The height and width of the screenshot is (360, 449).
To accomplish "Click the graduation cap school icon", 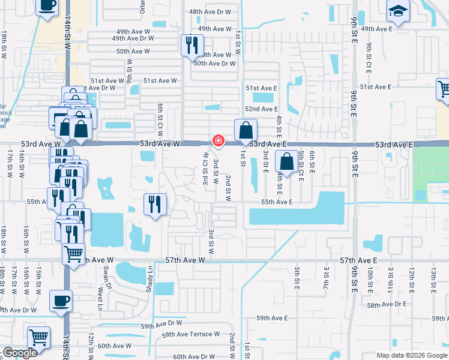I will pyautogui.click(x=397, y=12).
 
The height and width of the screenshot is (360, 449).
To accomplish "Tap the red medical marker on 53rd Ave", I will pyautogui.click(x=218, y=141).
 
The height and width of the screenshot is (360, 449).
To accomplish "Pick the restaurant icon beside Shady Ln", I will pyautogui.click(x=155, y=205).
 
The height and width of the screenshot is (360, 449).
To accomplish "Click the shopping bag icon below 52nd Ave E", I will pyautogui.click(x=246, y=130).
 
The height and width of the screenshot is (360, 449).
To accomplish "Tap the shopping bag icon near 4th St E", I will pyautogui.click(x=287, y=162).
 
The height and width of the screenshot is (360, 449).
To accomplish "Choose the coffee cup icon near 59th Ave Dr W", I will pyautogui.click(x=61, y=301).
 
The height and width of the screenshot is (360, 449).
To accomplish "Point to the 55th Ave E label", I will pyautogui.click(x=277, y=202).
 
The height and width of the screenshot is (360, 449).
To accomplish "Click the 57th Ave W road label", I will pyautogui.click(x=185, y=260).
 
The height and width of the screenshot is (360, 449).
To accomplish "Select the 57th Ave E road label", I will pyautogui.click(x=358, y=260).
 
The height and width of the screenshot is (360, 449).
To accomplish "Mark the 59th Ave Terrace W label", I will pyautogui.click(x=190, y=334).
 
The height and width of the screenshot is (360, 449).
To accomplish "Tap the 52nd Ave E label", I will pyautogui.click(x=261, y=109).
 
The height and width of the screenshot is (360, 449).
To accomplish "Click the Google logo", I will pyautogui.click(x=20, y=353).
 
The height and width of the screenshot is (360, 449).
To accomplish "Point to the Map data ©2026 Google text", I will pyautogui.click(x=411, y=355).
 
